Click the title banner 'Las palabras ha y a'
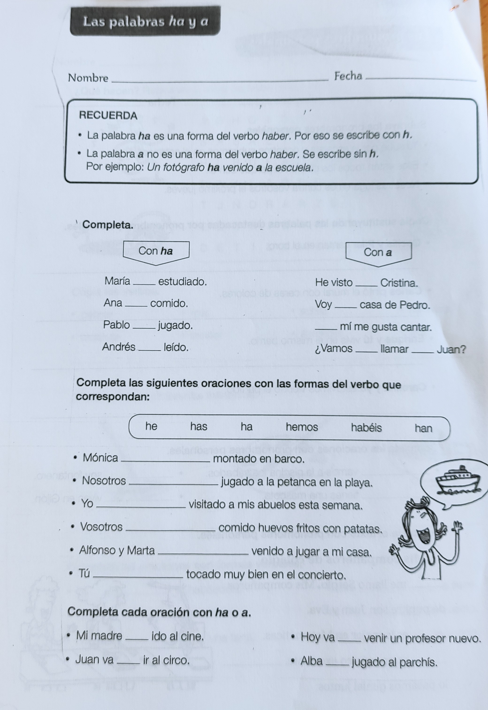point(145,21)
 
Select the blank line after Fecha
point(420,79)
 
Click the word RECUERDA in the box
point(108,116)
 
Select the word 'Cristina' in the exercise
point(399,283)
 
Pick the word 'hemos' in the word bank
point(302,427)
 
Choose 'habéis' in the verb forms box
point(366,428)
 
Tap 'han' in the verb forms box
point(423,428)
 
